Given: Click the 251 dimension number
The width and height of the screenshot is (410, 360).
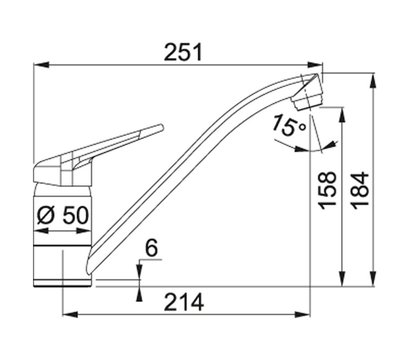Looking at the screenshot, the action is coord(183,52).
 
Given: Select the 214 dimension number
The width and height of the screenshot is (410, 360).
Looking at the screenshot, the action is coord(184,302).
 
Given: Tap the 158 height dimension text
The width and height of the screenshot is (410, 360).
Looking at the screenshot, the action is coord(328,190).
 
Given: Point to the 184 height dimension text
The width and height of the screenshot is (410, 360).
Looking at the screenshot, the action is coord(361,190).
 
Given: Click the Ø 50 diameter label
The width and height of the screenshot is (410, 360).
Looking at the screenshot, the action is coord(63,215).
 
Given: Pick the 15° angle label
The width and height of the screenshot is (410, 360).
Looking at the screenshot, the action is coord(288,125).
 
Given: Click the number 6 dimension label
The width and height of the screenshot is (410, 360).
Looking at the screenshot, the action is coord(152,248).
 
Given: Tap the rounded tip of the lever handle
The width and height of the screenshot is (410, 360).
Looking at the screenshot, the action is coord(161,128).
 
